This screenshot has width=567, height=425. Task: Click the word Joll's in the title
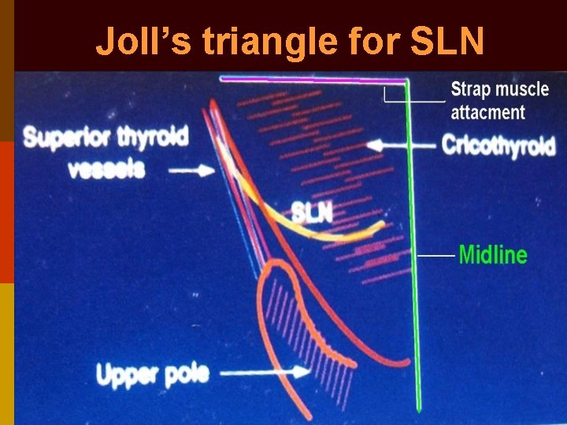135,42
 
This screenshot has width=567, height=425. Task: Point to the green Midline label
492,255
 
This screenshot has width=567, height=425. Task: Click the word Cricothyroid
498,146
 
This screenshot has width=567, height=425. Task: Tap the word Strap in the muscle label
472,90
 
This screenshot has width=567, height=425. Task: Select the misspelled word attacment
487,112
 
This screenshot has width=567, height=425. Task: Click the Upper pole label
152,374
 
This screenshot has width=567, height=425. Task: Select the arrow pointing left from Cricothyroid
402,146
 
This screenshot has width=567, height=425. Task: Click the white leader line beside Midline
435,256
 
